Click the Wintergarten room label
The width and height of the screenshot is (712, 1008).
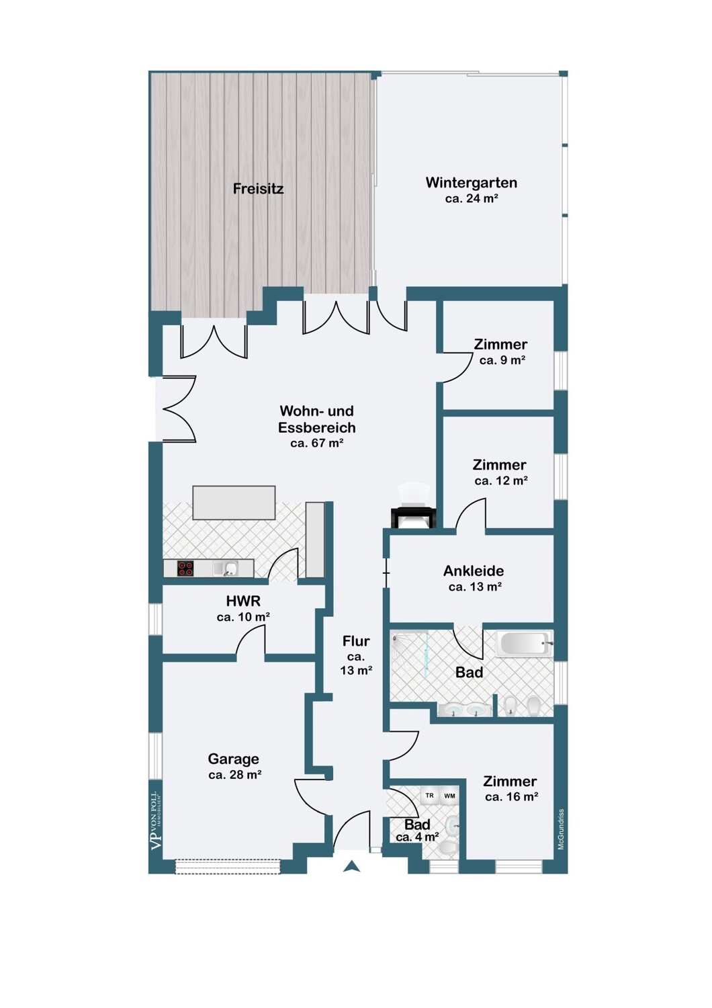click(x=471, y=183)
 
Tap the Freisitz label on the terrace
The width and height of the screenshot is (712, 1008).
click(x=258, y=189)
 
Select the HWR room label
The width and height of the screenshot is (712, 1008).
click(x=243, y=601)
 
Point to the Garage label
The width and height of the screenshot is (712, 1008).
click(x=233, y=759)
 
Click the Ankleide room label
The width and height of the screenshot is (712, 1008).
click(x=473, y=571)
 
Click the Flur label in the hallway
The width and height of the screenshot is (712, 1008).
click(x=356, y=641)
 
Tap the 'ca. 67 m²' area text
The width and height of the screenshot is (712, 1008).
click(x=316, y=443)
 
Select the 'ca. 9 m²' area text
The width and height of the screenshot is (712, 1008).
click(x=502, y=360)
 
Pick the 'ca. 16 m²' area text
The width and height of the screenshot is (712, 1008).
click(x=511, y=796)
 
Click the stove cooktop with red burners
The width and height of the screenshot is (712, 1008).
click(x=185, y=569)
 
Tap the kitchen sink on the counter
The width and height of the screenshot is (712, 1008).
click(x=229, y=569)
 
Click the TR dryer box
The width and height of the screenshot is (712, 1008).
click(x=429, y=795)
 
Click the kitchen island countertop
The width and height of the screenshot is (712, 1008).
click(x=234, y=503)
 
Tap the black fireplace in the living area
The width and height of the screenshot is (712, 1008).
click(x=414, y=517)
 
